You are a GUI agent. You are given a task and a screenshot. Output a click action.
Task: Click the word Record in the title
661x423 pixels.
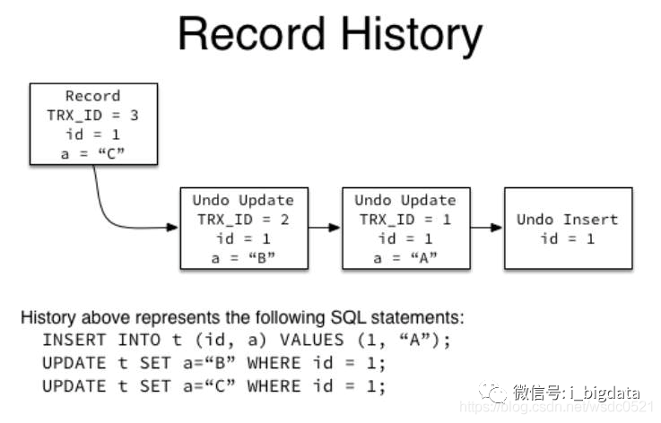click(251, 36)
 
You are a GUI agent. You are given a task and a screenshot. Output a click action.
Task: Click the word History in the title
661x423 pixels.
click(407, 36)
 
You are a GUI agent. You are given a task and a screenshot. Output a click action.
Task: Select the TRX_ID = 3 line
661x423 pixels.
click(93, 115)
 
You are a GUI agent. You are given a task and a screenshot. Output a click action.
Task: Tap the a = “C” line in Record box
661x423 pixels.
click(93, 152)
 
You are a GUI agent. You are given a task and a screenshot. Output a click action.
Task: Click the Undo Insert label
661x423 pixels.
click(568, 220)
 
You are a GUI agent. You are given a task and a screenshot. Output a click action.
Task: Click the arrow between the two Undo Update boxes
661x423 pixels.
click(324, 228)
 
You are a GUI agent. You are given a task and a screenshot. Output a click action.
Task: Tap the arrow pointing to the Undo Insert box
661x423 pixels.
click(485, 228)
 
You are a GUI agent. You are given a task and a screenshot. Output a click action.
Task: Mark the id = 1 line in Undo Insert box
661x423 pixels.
click(568, 238)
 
